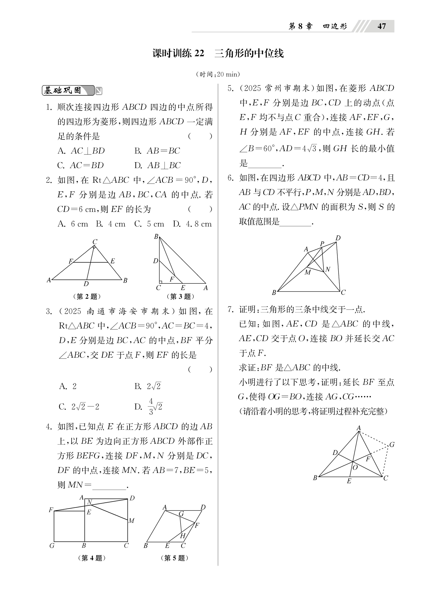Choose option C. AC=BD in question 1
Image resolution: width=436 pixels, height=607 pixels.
pos(80,165)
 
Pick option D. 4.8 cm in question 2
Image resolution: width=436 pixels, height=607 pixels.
pos(192,224)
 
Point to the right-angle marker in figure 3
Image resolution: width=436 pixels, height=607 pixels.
pos(160,282)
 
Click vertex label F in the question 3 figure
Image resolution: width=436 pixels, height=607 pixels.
pos(172,279)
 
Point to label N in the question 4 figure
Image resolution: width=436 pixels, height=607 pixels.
pos(90,502)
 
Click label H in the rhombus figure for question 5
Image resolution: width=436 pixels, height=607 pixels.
pos(183,541)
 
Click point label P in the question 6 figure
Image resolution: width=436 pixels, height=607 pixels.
pos(322,243)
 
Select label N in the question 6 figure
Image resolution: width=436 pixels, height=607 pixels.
pos(327,269)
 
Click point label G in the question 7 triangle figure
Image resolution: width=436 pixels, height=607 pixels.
pos(392,445)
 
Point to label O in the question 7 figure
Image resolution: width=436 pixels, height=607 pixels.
pos(355,468)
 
